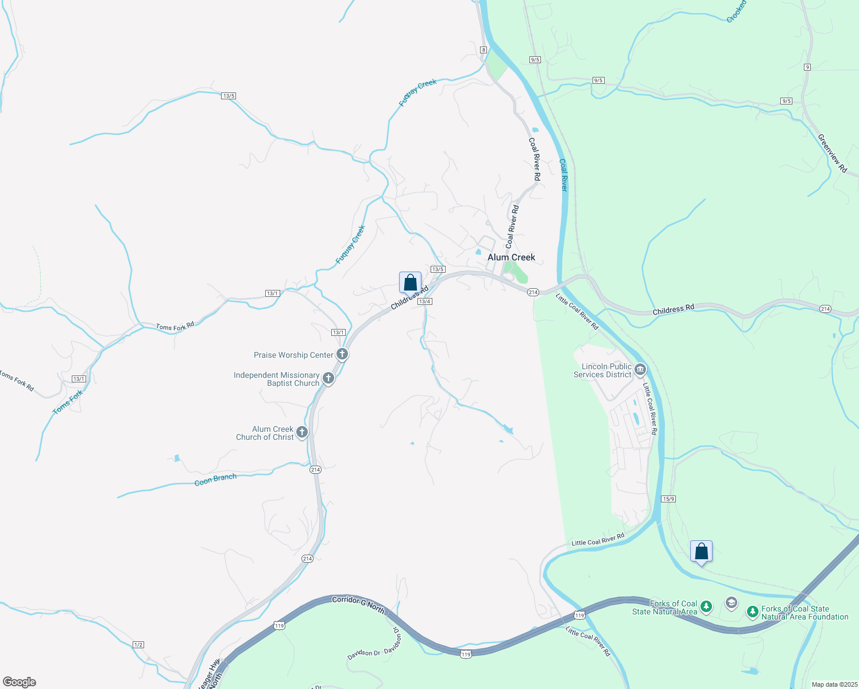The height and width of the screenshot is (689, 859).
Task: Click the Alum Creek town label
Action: [511, 257]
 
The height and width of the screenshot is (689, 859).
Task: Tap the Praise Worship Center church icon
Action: [342, 354]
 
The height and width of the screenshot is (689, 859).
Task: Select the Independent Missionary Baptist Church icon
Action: [328, 378]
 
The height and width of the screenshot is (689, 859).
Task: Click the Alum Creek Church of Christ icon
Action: [302, 432]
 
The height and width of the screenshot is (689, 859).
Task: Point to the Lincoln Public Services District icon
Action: [640, 369]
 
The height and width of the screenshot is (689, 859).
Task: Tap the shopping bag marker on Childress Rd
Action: [410, 282]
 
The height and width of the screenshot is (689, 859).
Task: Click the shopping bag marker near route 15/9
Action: [701, 551]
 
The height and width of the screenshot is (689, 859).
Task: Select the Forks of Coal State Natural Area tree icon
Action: [706, 606]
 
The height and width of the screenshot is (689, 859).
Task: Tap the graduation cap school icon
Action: [731, 602]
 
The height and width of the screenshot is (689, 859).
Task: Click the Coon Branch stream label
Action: [215, 479]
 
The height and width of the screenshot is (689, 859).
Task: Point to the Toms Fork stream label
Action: [68, 402]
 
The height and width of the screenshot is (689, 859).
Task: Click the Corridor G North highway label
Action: [358, 605]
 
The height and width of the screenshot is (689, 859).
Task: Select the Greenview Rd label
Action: [832, 153]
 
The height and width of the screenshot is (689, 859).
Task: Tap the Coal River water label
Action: [563, 175]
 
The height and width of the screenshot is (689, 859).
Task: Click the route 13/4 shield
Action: [425, 301]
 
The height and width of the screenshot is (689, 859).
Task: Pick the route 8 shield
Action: [483, 50]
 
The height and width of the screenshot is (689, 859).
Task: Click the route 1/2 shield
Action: [138, 645]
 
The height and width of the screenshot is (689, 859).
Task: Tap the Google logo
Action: [20, 682]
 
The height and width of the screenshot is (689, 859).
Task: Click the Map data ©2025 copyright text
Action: [833, 684]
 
